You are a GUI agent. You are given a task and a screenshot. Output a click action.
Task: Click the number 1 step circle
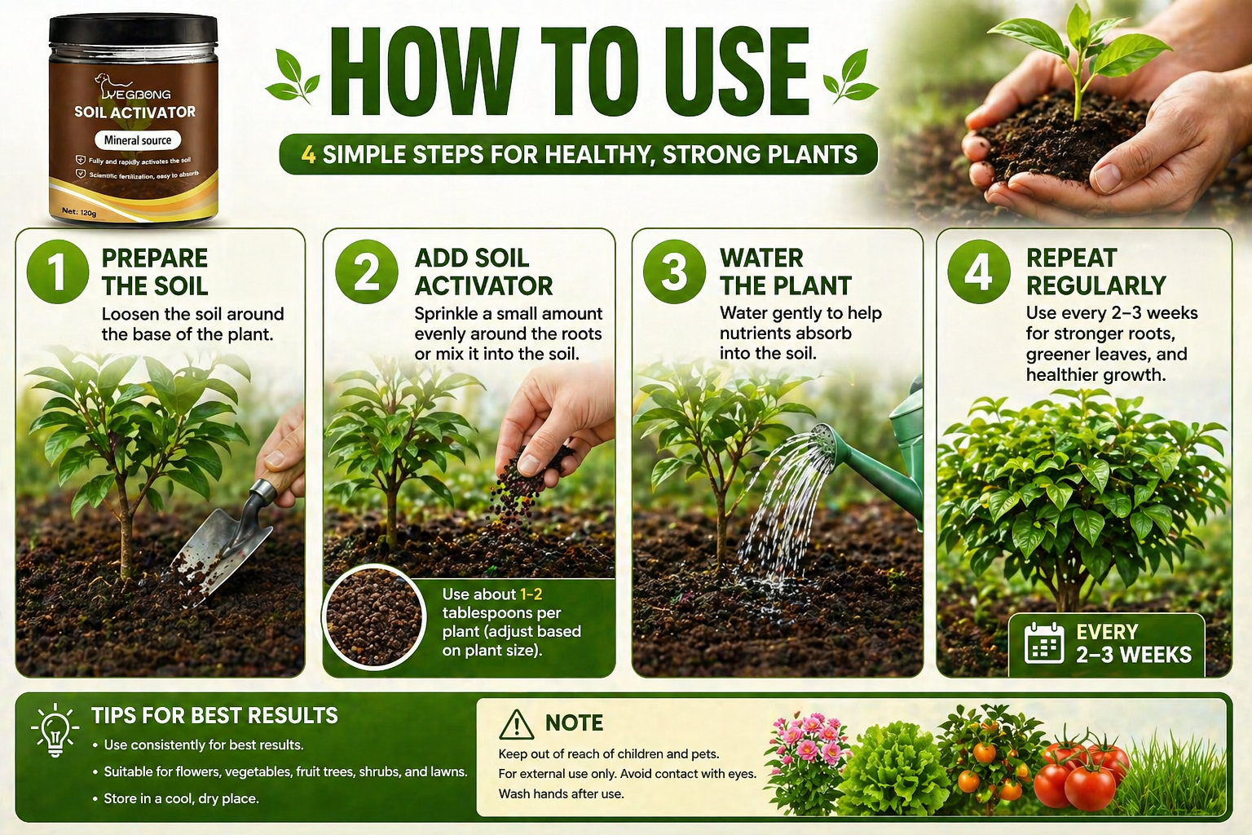point(58,272)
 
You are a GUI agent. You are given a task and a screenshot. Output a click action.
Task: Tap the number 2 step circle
point(367,272)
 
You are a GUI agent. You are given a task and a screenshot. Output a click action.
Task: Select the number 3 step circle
point(674,272)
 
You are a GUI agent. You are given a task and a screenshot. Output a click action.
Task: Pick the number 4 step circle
point(979,272)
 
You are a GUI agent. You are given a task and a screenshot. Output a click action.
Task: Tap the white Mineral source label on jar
point(138,140)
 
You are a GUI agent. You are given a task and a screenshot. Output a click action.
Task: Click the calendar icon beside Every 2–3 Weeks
point(1044,643)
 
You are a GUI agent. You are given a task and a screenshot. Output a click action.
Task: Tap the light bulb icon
point(55,731)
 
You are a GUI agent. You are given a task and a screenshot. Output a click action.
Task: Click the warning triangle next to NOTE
point(517,725)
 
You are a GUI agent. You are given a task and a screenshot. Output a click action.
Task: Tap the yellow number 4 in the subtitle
point(309,154)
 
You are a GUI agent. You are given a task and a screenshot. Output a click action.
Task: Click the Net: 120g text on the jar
point(79,212)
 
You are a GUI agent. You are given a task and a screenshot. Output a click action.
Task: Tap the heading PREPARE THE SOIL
point(155,272)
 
